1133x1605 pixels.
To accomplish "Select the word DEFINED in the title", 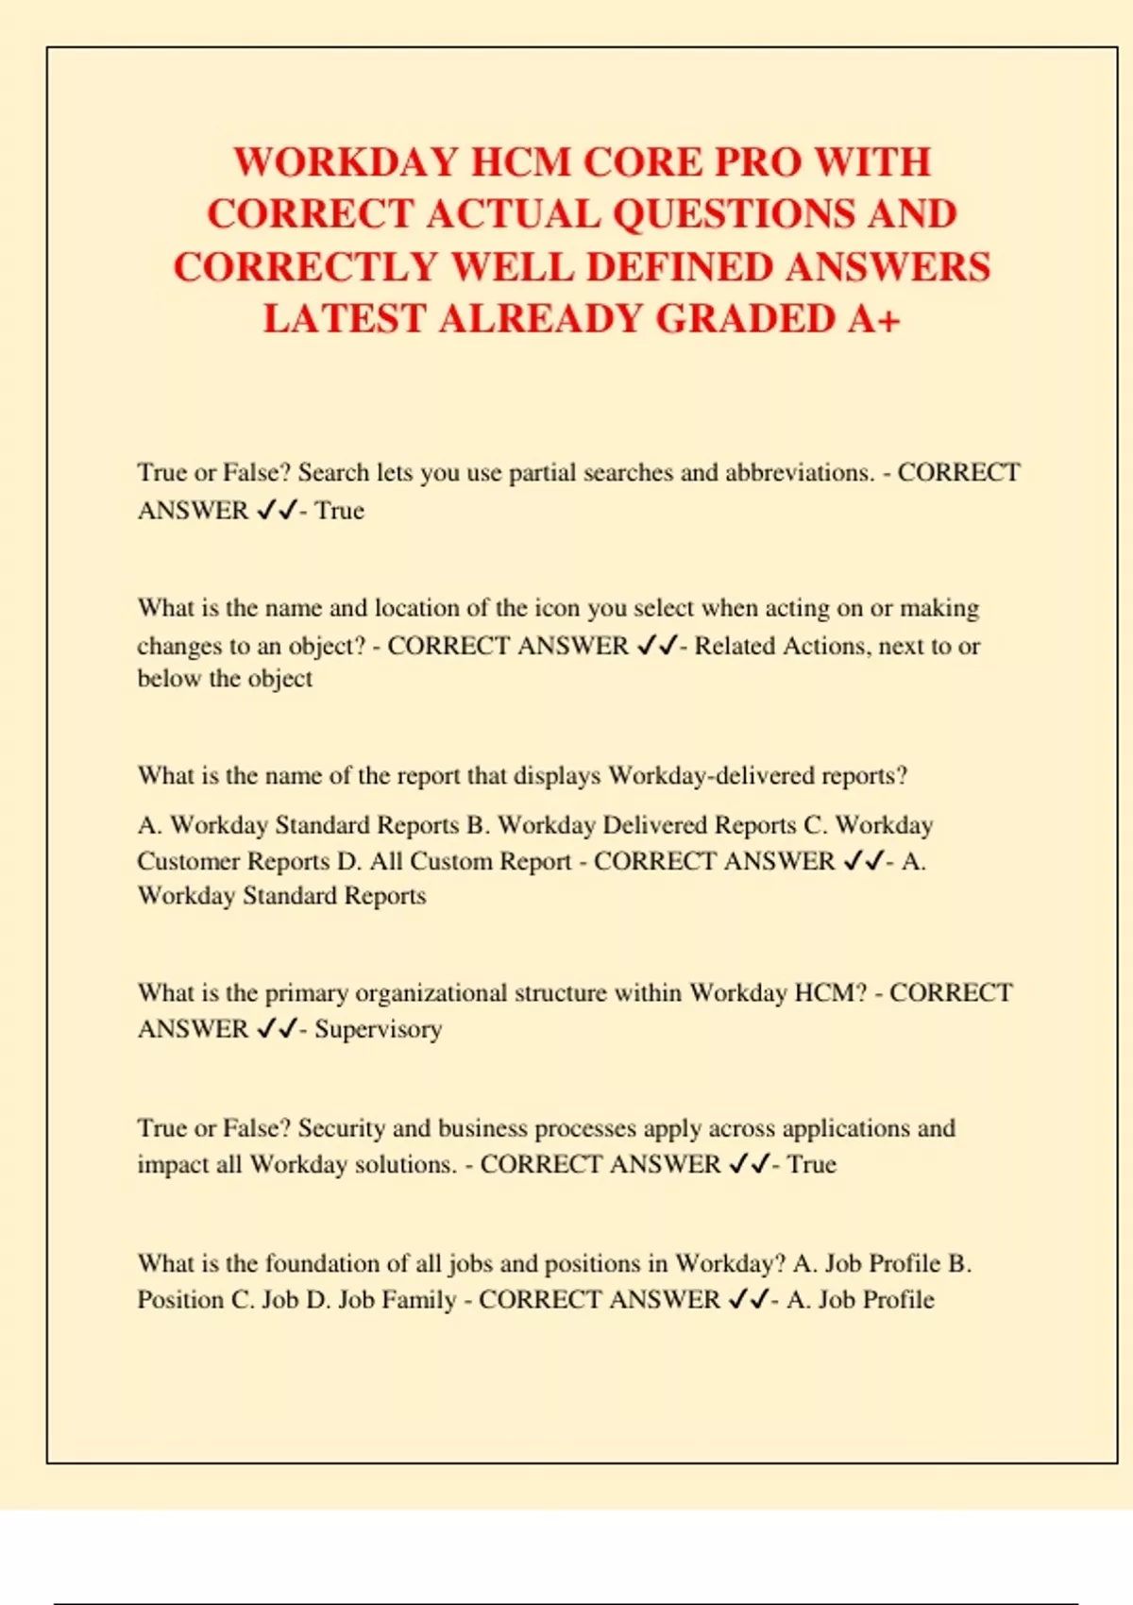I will tap(679, 267).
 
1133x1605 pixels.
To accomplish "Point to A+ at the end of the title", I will tap(873, 319).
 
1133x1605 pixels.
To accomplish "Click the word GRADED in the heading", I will tap(745, 319).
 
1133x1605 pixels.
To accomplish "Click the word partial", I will tap(542, 473).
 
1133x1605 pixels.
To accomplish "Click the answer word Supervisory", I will tap(378, 1029).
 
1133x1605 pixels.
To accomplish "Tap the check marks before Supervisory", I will tap(276, 1029).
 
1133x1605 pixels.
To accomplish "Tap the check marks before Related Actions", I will tap(657, 647).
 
